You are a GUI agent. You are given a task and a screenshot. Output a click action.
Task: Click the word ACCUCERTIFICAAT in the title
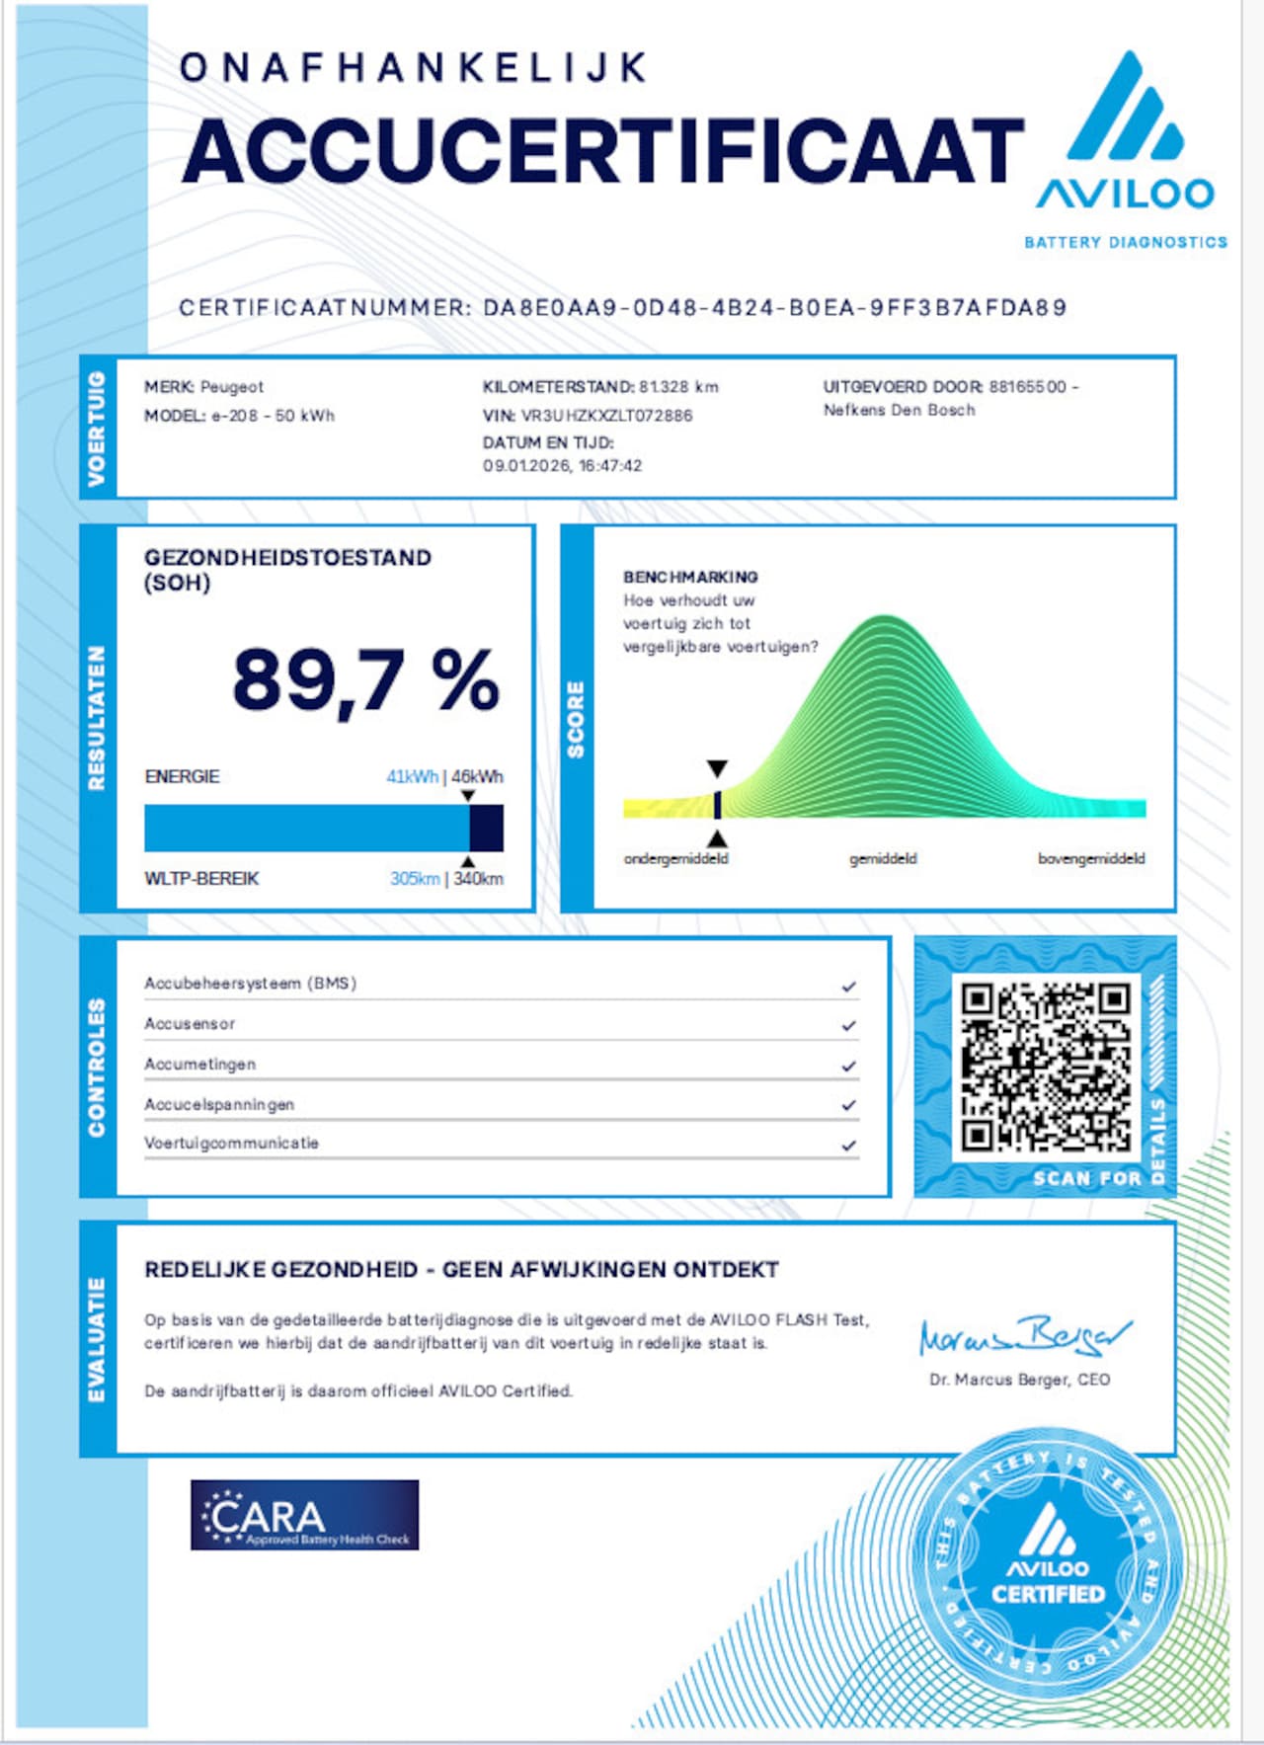click(602, 151)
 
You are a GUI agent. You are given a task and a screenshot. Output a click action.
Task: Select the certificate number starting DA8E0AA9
click(774, 308)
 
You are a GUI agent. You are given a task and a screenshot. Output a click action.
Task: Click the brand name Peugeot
click(232, 387)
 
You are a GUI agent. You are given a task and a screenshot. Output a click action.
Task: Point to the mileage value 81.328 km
click(678, 387)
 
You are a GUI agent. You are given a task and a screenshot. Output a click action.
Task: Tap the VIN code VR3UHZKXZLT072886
click(606, 416)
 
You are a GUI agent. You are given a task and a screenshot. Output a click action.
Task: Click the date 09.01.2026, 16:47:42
click(562, 466)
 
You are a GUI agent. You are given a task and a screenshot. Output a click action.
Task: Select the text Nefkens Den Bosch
click(899, 411)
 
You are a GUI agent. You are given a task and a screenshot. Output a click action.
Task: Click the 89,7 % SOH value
click(365, 681)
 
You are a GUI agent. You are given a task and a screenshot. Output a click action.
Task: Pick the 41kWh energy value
click(412, 777)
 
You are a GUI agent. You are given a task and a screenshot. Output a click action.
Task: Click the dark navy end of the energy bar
click(486, 828)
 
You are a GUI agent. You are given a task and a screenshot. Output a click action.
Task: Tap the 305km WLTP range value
click(414, 879)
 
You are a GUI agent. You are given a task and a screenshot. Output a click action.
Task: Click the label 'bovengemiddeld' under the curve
click(1091, 859)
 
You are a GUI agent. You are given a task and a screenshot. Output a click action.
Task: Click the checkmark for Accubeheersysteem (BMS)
click(848, 987)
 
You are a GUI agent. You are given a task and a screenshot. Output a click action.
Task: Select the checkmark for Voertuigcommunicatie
click(848, 1146)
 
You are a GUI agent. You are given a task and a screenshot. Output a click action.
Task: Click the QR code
click(1046, 1066)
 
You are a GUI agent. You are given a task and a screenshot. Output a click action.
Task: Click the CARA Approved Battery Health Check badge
click(304, 1514)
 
